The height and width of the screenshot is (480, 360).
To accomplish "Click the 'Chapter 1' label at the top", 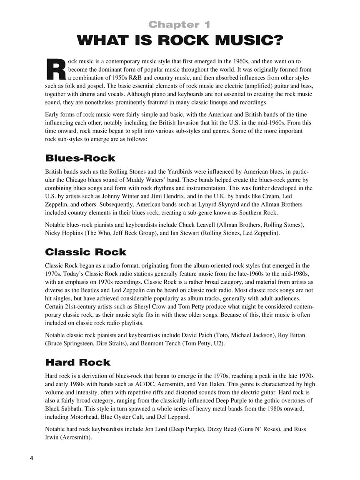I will point(180,25).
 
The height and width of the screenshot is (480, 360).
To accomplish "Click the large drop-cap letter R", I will point(55,69).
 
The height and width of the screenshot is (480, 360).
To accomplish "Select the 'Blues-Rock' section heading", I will point(80,158).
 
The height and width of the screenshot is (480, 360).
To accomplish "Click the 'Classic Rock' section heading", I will point(85,252).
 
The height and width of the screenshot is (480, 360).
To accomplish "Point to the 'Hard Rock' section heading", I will point(77,362).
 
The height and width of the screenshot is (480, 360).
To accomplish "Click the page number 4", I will point(31,458).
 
